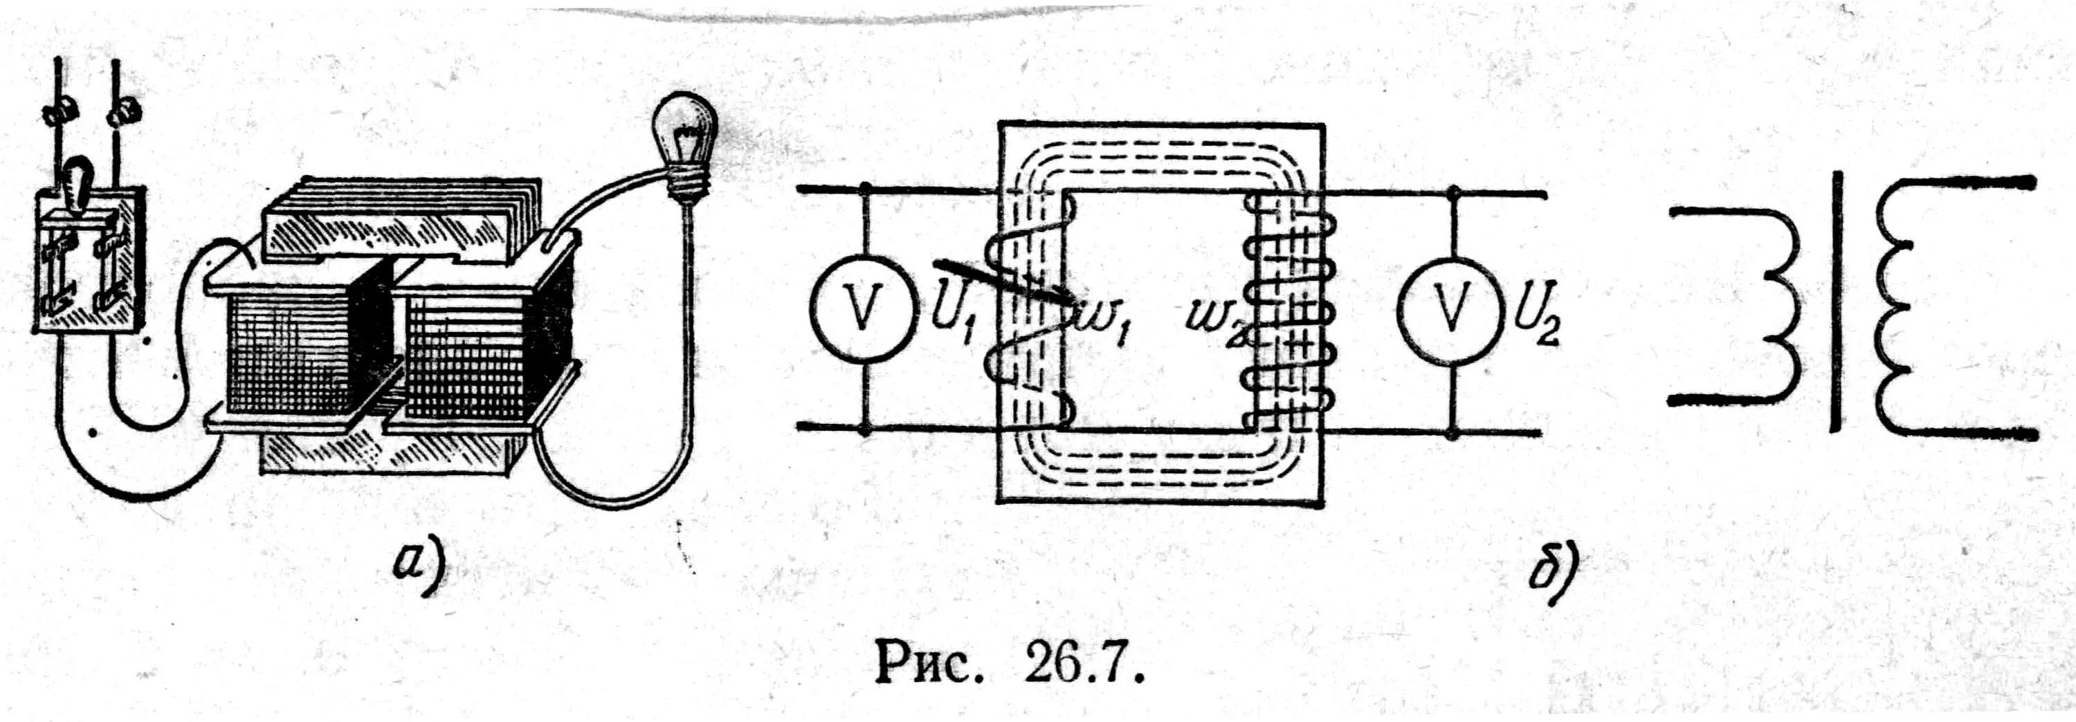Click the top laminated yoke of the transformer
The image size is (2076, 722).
point(387,221)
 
